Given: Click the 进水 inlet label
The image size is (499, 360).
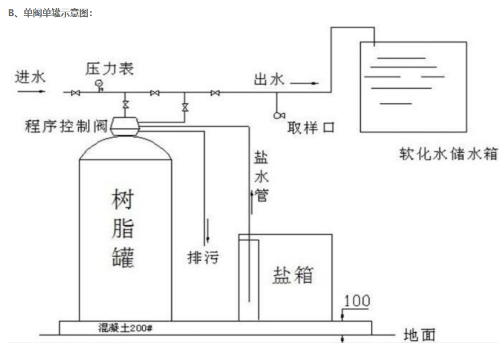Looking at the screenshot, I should point(28,77).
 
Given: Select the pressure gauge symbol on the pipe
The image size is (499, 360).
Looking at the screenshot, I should point(99,85).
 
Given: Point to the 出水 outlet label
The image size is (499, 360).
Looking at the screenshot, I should point(269,80).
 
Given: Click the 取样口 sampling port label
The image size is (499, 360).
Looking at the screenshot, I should point(311,128).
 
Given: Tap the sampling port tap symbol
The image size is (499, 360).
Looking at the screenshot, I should point(277,114).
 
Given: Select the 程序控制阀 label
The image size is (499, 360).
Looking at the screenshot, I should point(67,126).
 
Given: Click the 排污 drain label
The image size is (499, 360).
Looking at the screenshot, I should point(203,257).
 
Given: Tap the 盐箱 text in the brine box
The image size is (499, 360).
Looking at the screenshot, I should point(293,275).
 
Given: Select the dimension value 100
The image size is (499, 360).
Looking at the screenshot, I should point(357,301).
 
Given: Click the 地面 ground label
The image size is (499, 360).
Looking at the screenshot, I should point(419,335).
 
